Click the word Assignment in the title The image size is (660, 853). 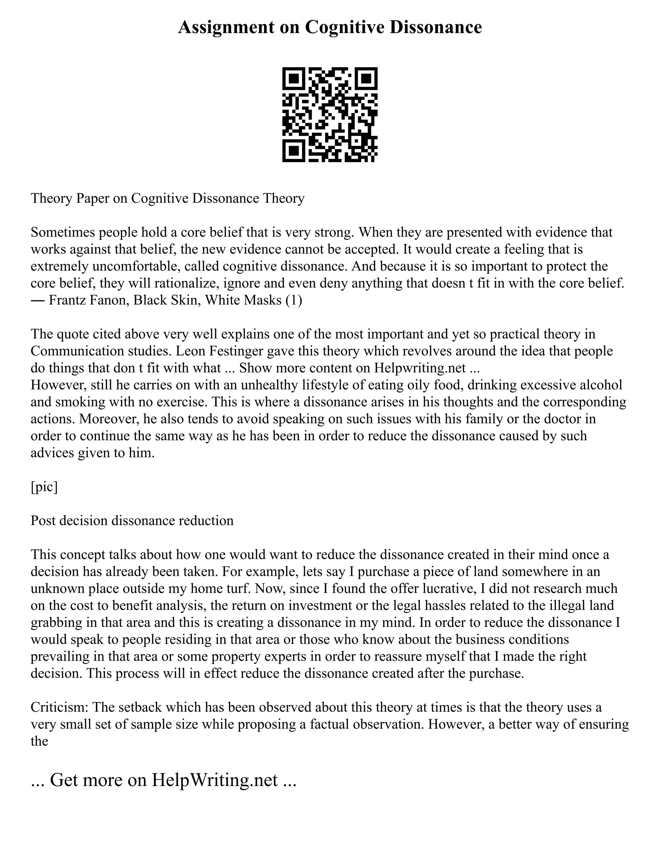click(x=226, y=27)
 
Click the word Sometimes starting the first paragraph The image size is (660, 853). click(x=63, y=232)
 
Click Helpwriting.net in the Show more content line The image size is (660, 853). click(x=420, y=368)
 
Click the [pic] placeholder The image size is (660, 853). click(x=44, y=487)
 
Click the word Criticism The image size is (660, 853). click(x=59, y=707)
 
